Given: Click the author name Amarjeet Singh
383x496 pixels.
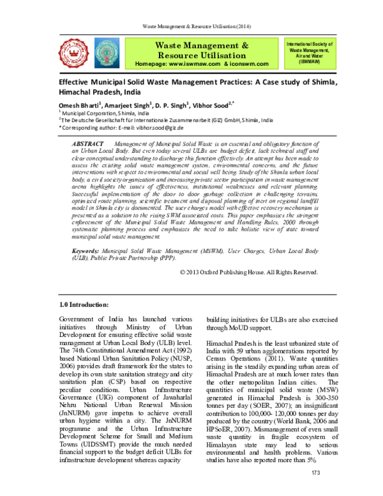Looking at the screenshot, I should [x=128, y=106].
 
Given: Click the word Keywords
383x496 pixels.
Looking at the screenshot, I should [x=85, y=253].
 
